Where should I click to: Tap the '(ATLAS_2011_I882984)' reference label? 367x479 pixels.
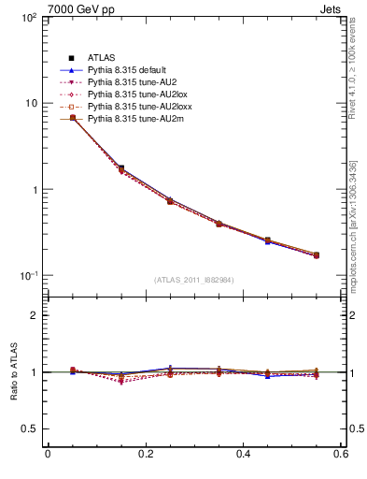[194, 280]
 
